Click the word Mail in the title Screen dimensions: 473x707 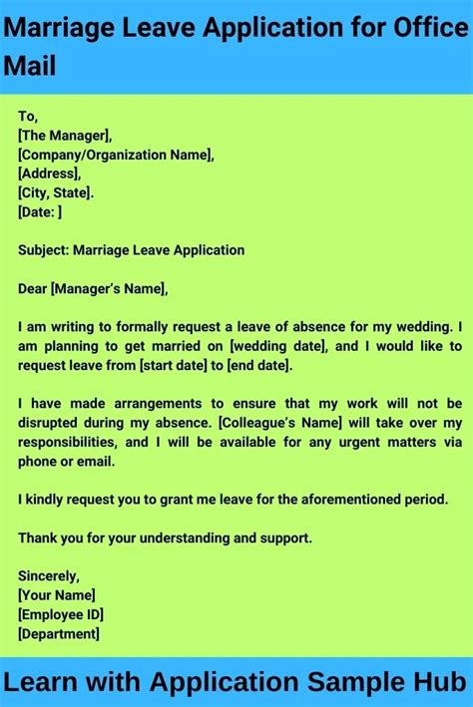[31, 67]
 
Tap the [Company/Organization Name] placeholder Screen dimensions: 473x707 [116, 155]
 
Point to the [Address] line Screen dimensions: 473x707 [49, 174]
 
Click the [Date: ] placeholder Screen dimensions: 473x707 [40, 211]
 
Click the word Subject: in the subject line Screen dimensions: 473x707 [44, 250]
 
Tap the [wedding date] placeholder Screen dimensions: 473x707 [277, 346]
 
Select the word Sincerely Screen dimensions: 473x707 [49, 576]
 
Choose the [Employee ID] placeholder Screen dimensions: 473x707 [61, 614]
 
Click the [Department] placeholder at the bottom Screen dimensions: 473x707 [59, 633]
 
